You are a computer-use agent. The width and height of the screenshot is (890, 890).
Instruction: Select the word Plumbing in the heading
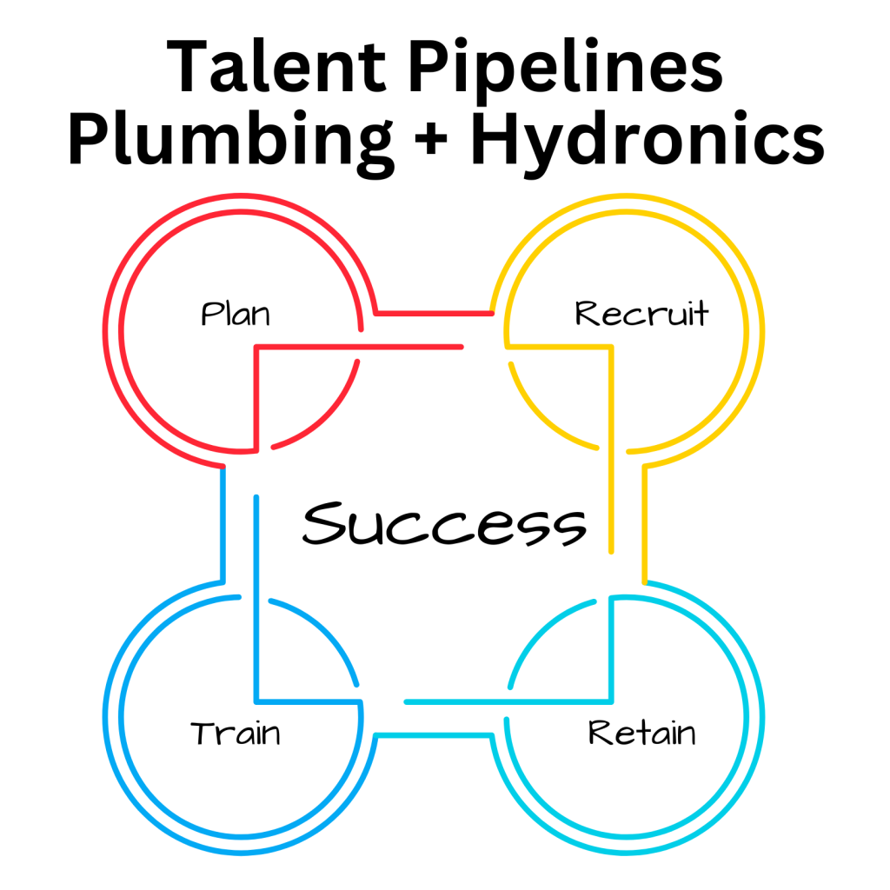(x=231, y=141)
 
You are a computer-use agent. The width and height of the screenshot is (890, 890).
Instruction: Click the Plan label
(x=235, y=312)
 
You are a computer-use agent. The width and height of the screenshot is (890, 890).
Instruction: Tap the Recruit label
(x=641, y=312)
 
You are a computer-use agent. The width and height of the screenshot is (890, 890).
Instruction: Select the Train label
(x=236, y=732)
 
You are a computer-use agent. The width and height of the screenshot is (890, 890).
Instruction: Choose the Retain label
(x=641, y=732)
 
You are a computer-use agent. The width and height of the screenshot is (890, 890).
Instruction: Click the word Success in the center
(x=444, y=523)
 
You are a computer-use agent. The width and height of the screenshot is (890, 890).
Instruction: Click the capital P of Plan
(x=209, y=312)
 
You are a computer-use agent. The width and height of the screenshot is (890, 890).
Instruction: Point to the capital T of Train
(x=203, y=732)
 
